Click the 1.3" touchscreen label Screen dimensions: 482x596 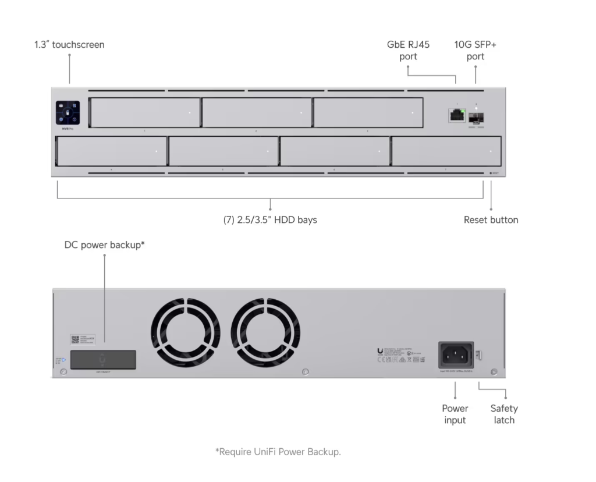coord(69,45)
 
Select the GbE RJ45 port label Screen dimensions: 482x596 coord(408,51)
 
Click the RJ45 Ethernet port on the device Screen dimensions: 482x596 coord(456,115)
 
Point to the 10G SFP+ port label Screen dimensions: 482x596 coord(476,51)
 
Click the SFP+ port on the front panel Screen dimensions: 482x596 coord(476,118)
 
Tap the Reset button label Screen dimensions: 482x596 coord(491,220)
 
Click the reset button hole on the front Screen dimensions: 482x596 coord(489,173)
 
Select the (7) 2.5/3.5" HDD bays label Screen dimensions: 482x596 coord(270,220)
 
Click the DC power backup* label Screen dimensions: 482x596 coord(104,245)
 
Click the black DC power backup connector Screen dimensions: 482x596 coord(104,359)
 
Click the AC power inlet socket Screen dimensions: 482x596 coord(456,355)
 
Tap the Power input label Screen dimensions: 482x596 coord(455,414)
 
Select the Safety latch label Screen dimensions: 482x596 coord(503,414)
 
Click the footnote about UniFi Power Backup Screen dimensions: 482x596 coord(278,452)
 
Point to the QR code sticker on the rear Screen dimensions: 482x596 coord(75,339)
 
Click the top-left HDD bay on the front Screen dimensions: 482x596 coord(144,112)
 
